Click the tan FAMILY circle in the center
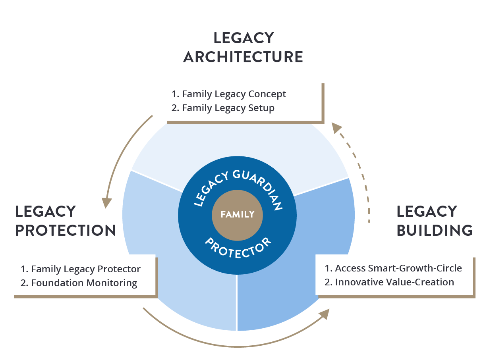(237, 216)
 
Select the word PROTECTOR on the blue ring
(238, 249)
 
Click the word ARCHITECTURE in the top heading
(243, 57)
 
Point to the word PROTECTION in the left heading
(66, 230)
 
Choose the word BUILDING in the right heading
(435, 230)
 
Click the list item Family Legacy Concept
(228, 94)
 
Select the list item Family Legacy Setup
(223, 108)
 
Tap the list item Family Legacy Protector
(81, 269)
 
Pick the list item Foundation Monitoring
(79, 283)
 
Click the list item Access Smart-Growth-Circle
(393, 268)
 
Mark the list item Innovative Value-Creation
(389, 282)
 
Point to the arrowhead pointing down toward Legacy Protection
(106, 203)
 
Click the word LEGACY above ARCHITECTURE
(244, 38)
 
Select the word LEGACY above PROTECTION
(46, 212)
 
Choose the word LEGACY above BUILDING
(427, 212)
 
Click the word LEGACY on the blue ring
(211, 189)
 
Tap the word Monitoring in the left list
(112, 283)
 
